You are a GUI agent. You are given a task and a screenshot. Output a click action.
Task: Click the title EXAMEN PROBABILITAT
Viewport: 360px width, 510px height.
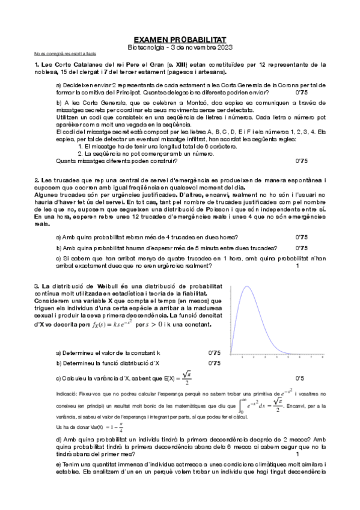(x=180, y=38)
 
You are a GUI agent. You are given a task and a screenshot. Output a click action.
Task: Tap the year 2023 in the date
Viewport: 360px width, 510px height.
(x=222, y=47)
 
